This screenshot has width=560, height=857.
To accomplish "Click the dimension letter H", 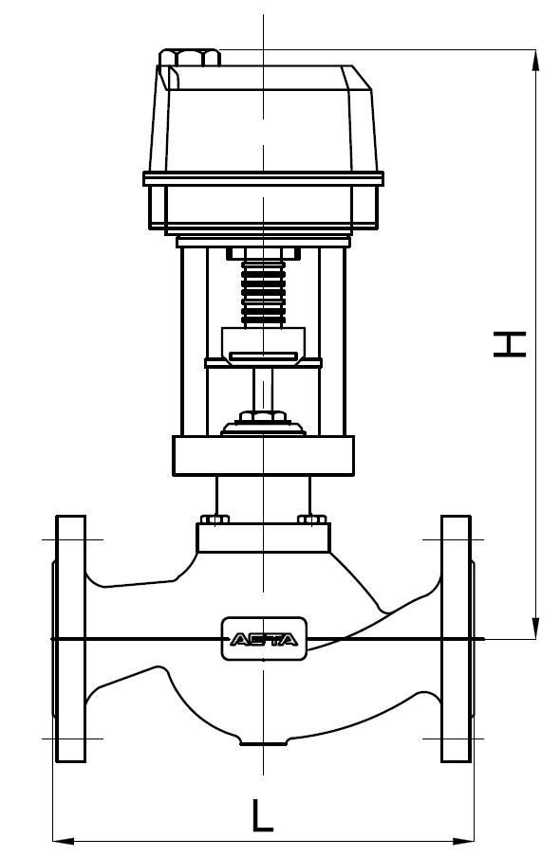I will pyautogui.click(x=510, y=343).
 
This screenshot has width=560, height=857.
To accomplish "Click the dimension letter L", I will pyautogui.click(x=263, y=816).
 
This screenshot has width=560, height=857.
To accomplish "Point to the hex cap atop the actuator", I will pyautogui.click(x=190, y=58).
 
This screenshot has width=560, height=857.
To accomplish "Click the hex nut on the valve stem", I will pyautogui.click(x=263, y=416).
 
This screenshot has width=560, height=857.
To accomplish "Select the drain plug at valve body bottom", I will pyautogui.click(x=263, y=740).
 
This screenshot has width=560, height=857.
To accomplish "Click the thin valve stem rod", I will pyautogui.click(x=263, y=387).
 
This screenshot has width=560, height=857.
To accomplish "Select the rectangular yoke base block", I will pyautogui.click(x=263, y=455).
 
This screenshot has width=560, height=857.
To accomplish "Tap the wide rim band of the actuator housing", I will pyautogui.click(x=263, y=178).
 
